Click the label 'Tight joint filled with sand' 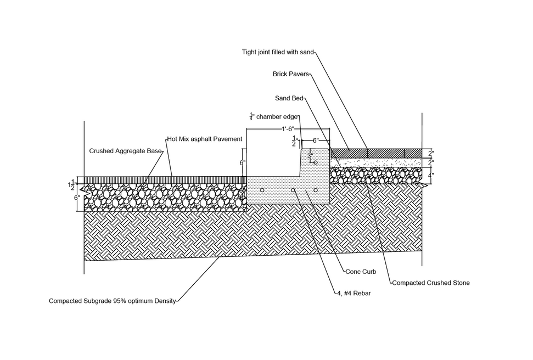[x=278, y=52]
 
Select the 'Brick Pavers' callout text [x=290, y=74]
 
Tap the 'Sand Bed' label [x=289, y=98]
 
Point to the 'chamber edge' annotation [x=277, y=117]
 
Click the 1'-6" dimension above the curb [x=288, y=129]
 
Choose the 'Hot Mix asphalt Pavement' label [x=205, y=139]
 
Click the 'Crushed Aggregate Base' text [x=125, y=151]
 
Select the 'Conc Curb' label [x=361, y=272]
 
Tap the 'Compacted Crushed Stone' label [x=431, y=283]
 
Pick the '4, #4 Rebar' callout [x=354, y=294]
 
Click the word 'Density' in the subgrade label [x=165, y=301]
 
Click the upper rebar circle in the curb [x=316, y=162]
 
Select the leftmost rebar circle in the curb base [x=262, y=190]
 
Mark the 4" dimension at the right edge [x=431, y=176]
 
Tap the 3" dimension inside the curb [x=310, y=156]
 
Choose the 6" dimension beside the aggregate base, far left [x=77, y=198]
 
